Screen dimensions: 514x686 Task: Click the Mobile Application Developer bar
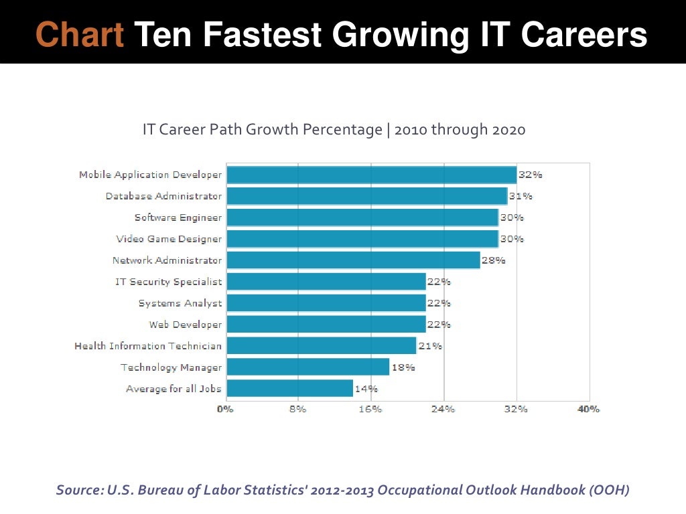tap(371, 175)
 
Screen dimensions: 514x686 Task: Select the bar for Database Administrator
tap(366, 196)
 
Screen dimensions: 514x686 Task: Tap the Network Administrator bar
tap(353, 260)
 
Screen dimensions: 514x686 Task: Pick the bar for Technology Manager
tap(307, 367)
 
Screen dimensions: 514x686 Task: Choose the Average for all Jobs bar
tap(289, 388)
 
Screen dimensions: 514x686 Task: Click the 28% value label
tap(494, 260)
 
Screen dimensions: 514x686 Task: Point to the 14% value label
tap(366, 388)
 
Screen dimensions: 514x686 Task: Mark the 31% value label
tap(521, 196)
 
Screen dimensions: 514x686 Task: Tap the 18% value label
tap(403, 367)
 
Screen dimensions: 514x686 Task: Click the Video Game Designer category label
tap(169, 239)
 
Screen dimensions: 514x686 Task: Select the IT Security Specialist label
tap(168, 282)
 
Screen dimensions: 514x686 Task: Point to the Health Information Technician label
tap(148, 346)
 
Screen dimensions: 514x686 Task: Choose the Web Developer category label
tap(185, 325)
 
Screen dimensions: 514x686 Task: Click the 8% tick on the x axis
tap(298, 409)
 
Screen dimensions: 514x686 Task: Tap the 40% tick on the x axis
tap(589, 409)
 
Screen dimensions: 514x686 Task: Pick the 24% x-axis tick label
tap(443, 409)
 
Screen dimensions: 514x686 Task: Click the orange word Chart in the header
tap(79, 35)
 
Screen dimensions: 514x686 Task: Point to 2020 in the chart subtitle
tap(508, 129)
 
